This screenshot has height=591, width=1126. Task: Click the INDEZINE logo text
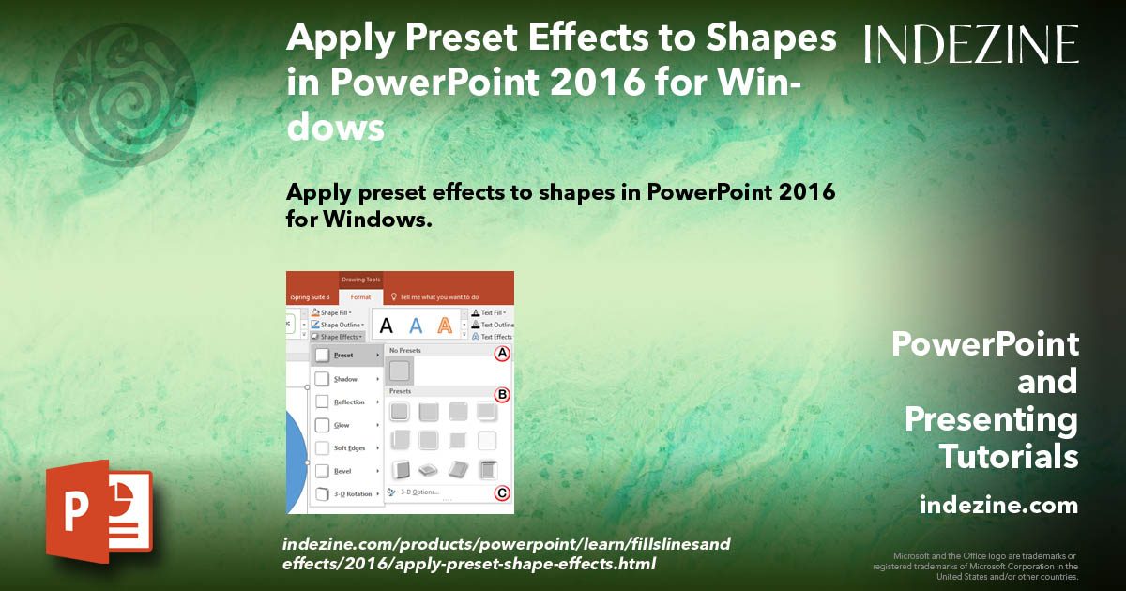(971, 44)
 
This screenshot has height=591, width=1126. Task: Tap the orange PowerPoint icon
(99, 511)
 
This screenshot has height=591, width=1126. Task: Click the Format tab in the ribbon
(360, 296)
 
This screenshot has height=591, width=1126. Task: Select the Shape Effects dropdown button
(337, 336)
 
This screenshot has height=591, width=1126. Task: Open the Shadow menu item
(346, 379)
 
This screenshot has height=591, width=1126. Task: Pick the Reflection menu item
(348, 402)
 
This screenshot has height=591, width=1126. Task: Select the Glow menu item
(342, 425)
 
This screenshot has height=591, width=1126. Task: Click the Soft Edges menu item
(348, 448)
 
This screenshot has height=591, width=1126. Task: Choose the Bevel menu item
(343, 471)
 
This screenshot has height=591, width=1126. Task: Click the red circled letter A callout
(502, 354)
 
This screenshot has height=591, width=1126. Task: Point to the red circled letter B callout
(502, 395)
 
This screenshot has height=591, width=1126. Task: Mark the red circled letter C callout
(502, 492)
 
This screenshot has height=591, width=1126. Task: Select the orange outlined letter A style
(445, 326)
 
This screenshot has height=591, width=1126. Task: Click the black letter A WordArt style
(386, 326)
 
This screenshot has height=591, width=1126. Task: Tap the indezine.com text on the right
(998, 506)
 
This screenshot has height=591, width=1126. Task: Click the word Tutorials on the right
(1009, 457)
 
